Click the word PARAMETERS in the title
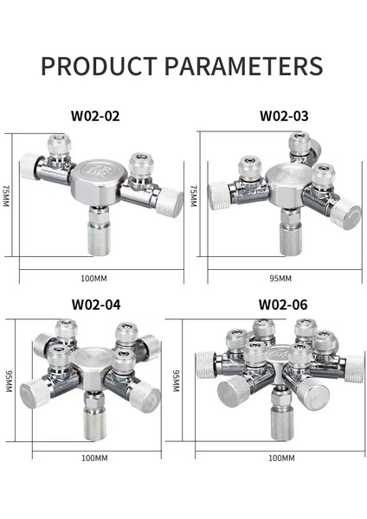click(241, 67)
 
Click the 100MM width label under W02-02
click(93, 279)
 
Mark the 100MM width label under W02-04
click(94, 457)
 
